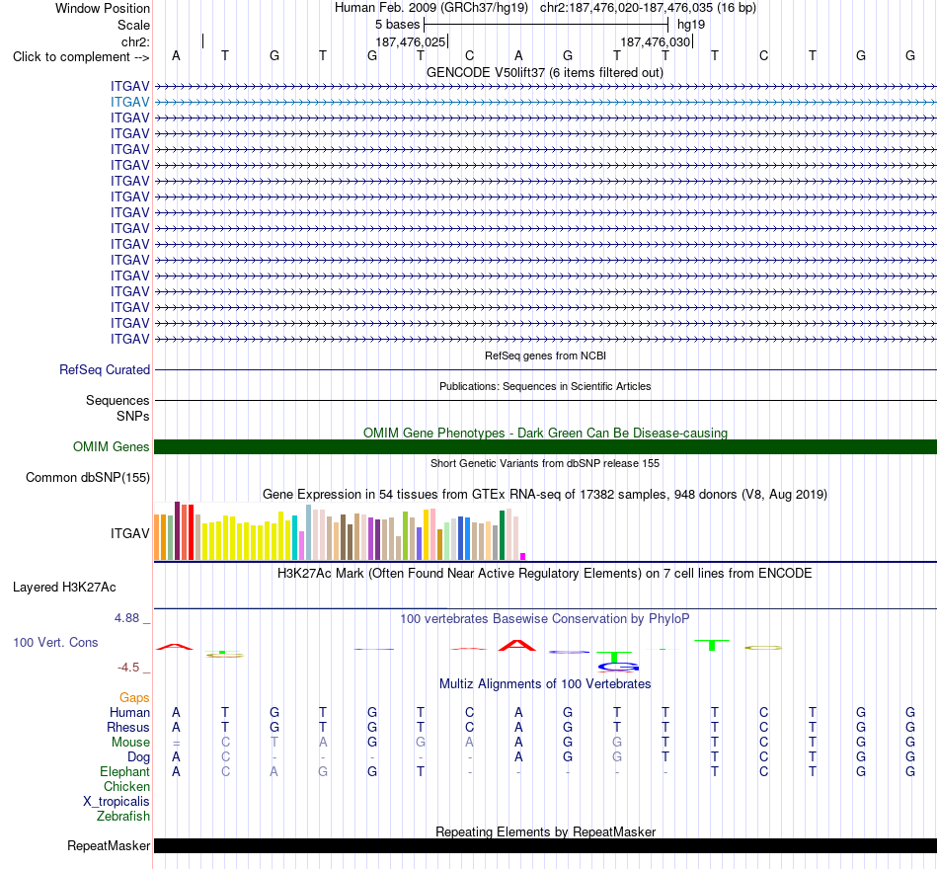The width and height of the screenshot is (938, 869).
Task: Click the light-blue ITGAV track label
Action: [129, 103]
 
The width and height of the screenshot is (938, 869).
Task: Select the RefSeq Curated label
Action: [105, 370]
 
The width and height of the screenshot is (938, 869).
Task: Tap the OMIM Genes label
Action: [112, 447]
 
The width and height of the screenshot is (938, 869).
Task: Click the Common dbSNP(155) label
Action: [88, 478]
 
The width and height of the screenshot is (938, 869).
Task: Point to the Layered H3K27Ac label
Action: [64, 588]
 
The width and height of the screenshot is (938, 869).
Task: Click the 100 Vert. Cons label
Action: [55, 642]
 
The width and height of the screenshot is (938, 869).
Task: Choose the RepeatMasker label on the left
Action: [109, 845]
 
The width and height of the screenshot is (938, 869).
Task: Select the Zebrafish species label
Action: [123, 817]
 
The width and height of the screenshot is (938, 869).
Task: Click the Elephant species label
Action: [125, 772]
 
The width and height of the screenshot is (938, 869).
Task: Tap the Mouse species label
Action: [130, 743]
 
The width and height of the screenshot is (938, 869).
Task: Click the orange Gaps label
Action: [134, 698]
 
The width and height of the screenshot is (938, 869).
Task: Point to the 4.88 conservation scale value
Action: [126, 617]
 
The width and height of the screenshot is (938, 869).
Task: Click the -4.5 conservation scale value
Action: [128, 668]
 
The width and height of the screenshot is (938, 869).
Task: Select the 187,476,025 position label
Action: [411, 41]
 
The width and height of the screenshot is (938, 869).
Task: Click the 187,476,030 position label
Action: [655, 41]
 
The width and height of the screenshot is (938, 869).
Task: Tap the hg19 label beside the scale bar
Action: [691, 25]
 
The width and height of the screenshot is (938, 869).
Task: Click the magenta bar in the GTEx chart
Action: [523, 557]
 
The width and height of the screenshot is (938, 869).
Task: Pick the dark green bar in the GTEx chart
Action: [503, 535]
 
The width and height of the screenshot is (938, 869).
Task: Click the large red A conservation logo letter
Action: [517, 645]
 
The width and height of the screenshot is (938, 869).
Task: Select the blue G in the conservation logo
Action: [618, 667]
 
